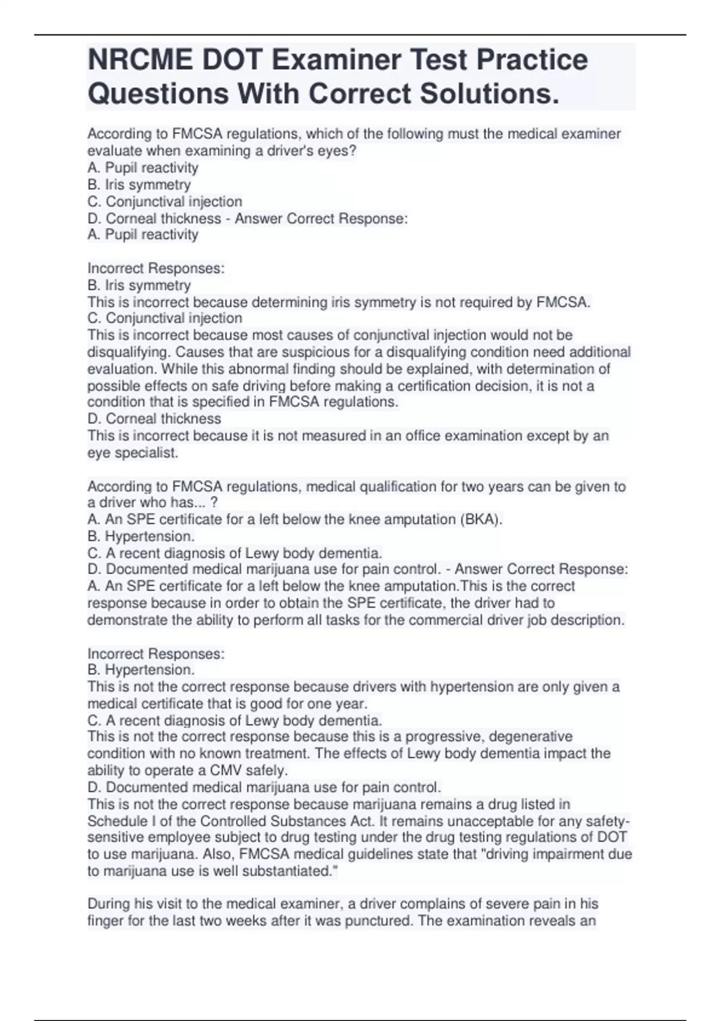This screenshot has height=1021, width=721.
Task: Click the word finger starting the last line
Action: (x=106, y=921)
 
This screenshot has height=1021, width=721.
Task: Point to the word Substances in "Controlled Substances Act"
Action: (x=311, y=821)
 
